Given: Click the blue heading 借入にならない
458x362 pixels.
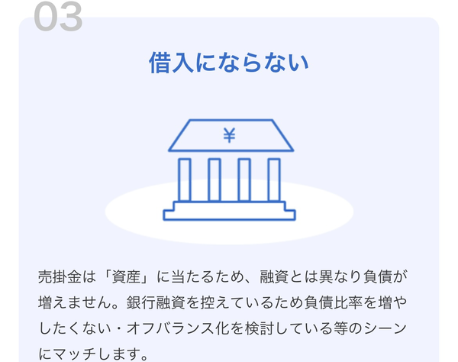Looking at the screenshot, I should (x=229, y=63).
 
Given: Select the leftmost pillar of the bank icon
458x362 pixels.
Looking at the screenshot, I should (x=185, y=179).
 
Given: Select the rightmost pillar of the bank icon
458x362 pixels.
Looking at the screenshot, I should (x=273, y=179).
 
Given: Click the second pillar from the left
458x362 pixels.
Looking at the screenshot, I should (x=214, y=179).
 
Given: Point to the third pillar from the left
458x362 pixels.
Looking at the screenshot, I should (x=244, y=179).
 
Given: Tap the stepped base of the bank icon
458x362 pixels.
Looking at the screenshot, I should (x=229, y=211).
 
